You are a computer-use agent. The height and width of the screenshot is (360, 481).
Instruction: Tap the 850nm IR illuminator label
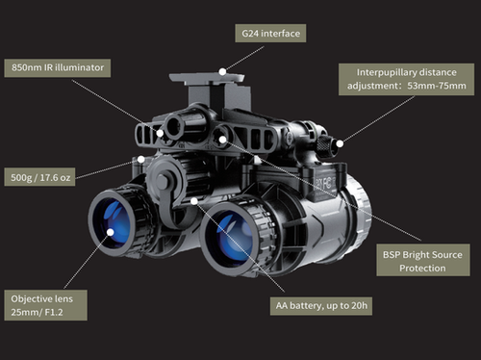(x=58, y=68)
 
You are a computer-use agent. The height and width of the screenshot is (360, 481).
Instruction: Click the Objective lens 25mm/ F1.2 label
(x=44, y=305)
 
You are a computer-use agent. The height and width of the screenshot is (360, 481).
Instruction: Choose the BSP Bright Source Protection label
(x=422, y=261)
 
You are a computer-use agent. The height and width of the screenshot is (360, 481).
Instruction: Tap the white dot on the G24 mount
(x=222, y=70)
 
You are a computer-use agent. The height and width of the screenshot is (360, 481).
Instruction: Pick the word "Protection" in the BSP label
(x=422, y=269)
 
